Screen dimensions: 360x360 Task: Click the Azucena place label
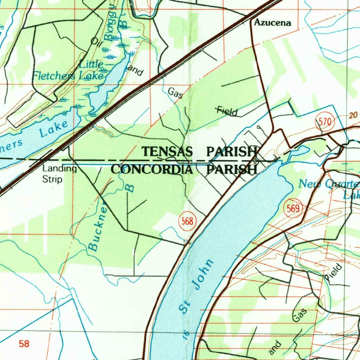[272, 23]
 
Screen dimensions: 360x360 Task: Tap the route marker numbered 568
[187, 221]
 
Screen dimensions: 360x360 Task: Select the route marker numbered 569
[292, 209]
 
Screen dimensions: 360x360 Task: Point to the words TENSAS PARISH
[199, 152]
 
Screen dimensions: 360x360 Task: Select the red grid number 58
[24, 343]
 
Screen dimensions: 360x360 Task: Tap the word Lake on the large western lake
[53, 129]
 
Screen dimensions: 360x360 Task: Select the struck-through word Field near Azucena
[227, 111]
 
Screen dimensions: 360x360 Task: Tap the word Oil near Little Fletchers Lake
[96, 42]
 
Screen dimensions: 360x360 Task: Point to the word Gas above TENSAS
[175, 93]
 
